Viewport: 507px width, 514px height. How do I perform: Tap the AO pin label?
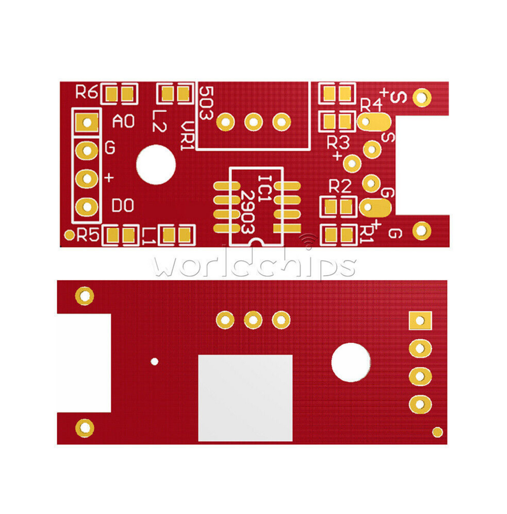pos(124,121)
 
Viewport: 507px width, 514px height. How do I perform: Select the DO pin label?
pos(123,205)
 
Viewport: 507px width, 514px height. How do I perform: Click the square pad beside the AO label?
pos(87,122)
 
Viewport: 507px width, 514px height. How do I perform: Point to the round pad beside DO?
pos(87,206)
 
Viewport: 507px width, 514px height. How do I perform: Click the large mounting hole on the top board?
pos(156,165)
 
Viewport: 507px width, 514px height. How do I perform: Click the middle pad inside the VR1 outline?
pos(253,122)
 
